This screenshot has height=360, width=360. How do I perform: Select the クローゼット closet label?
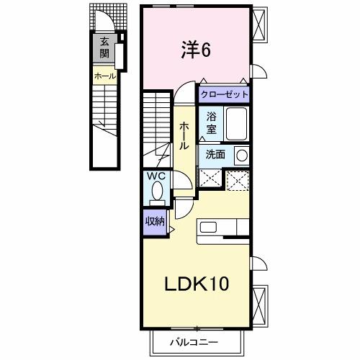click(x=225, y=94)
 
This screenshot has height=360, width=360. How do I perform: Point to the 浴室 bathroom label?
click(x=211, y=124)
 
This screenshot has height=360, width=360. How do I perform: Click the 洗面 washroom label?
click(x=215, y=154)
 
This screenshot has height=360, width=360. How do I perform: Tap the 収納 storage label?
click(x=153, y=221)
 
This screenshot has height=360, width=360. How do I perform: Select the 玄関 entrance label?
click(x=105, y=47)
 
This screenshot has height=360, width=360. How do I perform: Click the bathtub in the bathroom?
click(x=235, y=125)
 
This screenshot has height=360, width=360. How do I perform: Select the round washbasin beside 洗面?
click(x=242, y=154)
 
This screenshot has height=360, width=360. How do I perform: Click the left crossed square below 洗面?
click(x=210, y=180)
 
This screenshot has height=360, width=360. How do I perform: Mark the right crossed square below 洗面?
click(x=237, y=180)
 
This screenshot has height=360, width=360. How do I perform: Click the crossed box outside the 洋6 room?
click(x=260, y=24)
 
